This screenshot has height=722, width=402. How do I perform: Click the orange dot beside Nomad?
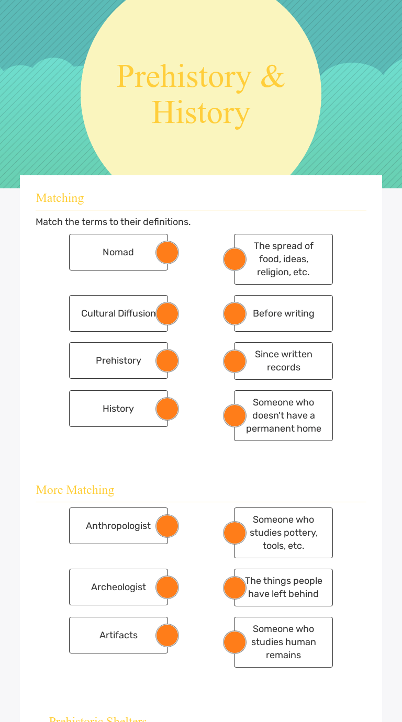pos(167,253)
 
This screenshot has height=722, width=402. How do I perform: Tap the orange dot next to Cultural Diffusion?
pos(167,313)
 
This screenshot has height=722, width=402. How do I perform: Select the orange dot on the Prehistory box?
pos(167,361)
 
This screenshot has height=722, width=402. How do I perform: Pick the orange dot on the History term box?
pos(167,409)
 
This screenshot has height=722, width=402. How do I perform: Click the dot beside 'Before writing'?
pos(234,313)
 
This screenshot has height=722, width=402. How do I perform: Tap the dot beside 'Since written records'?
pos(234,361)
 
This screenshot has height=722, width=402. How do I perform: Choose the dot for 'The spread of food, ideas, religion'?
pos(234,259)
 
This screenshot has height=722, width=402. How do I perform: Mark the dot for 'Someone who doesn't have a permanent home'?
pos(234,415)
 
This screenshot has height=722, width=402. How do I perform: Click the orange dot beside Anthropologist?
pos(167,526)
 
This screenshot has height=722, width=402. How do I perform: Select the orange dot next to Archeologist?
pos(167,588)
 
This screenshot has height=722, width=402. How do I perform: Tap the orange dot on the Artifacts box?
pos(167,635)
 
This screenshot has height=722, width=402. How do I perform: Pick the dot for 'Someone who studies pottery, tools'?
pos(234,533)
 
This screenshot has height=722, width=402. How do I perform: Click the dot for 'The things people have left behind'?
pos(234,588)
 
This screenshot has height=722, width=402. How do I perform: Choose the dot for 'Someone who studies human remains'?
pos(234,642)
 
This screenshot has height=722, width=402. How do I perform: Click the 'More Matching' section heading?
pos(75,490)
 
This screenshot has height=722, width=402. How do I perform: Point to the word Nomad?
pos(118,252)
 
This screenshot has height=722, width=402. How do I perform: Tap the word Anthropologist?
pos(118,526)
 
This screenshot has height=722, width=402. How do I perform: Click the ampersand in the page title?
pos(272,77)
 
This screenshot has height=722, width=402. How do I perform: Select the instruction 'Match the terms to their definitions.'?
pos(113,222)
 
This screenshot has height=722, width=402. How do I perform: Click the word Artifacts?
pos(118,635)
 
